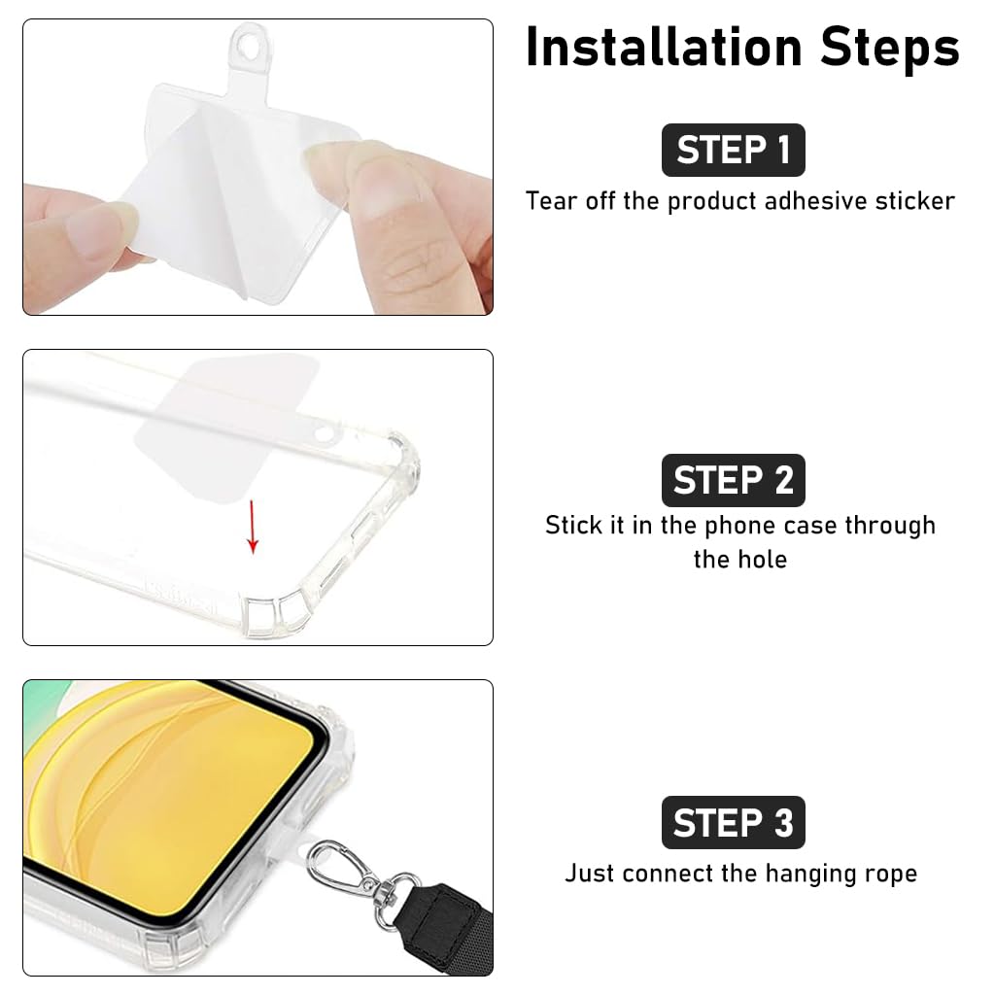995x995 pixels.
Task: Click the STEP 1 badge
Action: coord(733,150)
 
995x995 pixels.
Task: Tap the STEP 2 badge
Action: coord(733,480)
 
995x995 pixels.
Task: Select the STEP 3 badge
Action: coord(733,823)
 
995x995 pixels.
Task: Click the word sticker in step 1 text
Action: coord(914,201)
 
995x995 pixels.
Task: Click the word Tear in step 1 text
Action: coord(552,201)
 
